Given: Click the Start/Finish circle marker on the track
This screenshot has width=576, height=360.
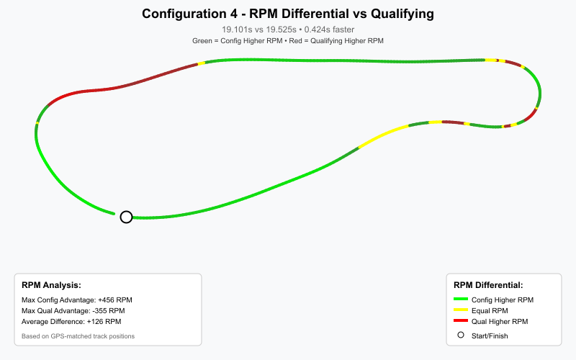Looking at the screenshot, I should tap(126, 217).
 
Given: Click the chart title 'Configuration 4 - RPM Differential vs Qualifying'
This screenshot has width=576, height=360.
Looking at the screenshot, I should tap(288, 14).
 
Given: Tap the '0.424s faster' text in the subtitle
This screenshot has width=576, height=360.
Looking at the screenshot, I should tap(330, 30).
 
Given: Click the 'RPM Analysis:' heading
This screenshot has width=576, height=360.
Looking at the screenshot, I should tap(51, 285).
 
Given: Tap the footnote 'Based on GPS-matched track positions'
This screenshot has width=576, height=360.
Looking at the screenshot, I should tap(78, 336).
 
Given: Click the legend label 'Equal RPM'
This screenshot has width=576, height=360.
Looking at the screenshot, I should tap(489, 310).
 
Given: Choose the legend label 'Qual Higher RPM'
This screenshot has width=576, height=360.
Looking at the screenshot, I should tap(500, 321).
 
